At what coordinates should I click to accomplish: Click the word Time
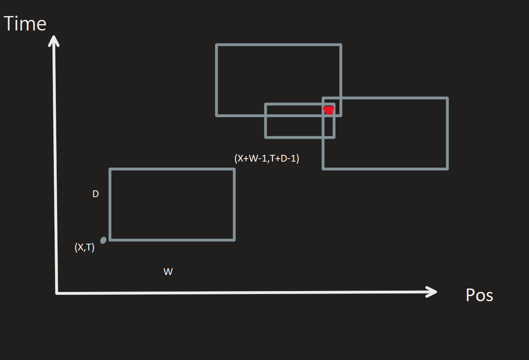25,24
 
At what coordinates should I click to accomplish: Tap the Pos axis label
479,295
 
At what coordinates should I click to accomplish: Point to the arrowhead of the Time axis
54,39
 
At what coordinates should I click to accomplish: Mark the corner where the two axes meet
57,293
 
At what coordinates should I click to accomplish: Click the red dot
329,110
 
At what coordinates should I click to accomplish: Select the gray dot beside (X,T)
103,240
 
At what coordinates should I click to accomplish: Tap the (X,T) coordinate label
85,248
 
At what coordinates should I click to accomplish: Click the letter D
96,194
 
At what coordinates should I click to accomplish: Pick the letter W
168,272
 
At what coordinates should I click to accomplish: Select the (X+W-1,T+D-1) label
266,159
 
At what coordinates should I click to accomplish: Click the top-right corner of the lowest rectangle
234,169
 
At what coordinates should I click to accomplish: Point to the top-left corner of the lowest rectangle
110,169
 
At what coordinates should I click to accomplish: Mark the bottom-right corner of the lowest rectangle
234,240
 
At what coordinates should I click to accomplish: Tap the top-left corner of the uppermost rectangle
217,45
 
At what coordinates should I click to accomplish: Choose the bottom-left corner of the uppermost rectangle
217,115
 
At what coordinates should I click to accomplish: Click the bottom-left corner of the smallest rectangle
266,137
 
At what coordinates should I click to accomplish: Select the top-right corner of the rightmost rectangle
447,98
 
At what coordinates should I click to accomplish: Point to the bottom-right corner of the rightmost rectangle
447,169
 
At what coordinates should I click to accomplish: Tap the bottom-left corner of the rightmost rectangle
323,169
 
